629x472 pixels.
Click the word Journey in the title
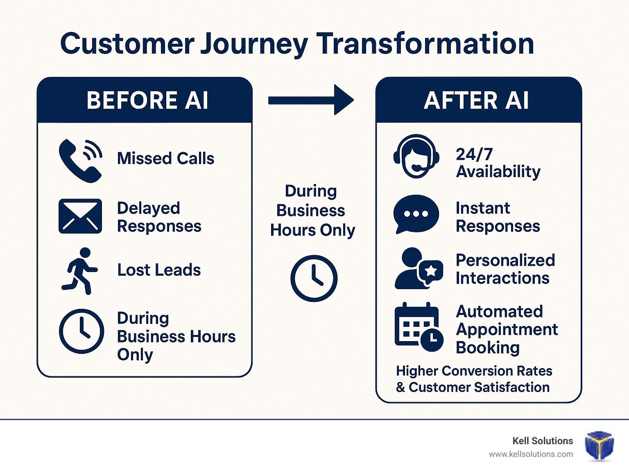pyautogui.click(x=254, y=45)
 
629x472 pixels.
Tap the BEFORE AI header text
pyautogui.click(x=147, y=100)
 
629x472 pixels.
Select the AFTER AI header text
pyautogui.click(x=476, y=101)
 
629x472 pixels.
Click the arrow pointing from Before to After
pyautogui.click(x=311, y=100)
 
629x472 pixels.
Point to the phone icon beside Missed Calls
pyautogui.click(x=81, y=161)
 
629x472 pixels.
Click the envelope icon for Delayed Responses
pyautogui.click(x=80, y=216)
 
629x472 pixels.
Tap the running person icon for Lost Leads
pyautogui.click(x=80, y=271)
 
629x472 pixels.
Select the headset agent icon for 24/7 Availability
pyautogui.click(x=416, y=156)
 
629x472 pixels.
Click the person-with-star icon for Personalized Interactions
pyautogui.click(x=419, y=268)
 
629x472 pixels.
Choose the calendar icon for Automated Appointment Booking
pyautogui.click(x=419, y=326)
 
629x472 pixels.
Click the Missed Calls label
pyautogui.click(x=165, y=158)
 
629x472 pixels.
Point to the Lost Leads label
pyautogui.click(x=159, y=270)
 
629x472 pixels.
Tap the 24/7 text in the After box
pyautogui.click(x=474, y=154)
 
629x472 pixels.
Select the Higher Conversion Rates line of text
pyautogui.click(x=474, y=371)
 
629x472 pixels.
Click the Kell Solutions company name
pyautogui.click(x=543, y=441)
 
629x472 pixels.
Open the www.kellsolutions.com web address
pyautogui.click(x=531, y=454)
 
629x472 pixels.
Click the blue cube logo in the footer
pyautogui.click(x=599, y=445)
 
